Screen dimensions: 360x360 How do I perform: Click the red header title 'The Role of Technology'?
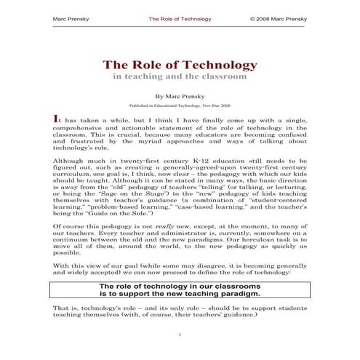[x=180, y=18]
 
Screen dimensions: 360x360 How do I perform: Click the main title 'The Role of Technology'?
[x=180, y=65]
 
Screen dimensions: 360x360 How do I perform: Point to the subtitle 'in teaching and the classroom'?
[x=180, y=76]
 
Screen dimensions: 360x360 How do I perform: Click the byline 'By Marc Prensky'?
[x=180, y=95]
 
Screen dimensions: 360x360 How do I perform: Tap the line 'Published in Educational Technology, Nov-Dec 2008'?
[x=180, y=105]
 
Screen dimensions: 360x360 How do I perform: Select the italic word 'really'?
[x=166, y=226]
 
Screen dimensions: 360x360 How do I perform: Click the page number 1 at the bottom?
[x=180, y=335]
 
